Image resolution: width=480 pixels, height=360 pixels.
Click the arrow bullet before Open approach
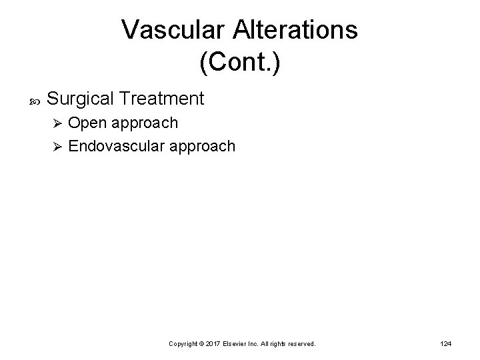point(57,123)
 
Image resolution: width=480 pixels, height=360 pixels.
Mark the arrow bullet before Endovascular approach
point(57,146)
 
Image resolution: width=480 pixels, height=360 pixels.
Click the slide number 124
point(446,343)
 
